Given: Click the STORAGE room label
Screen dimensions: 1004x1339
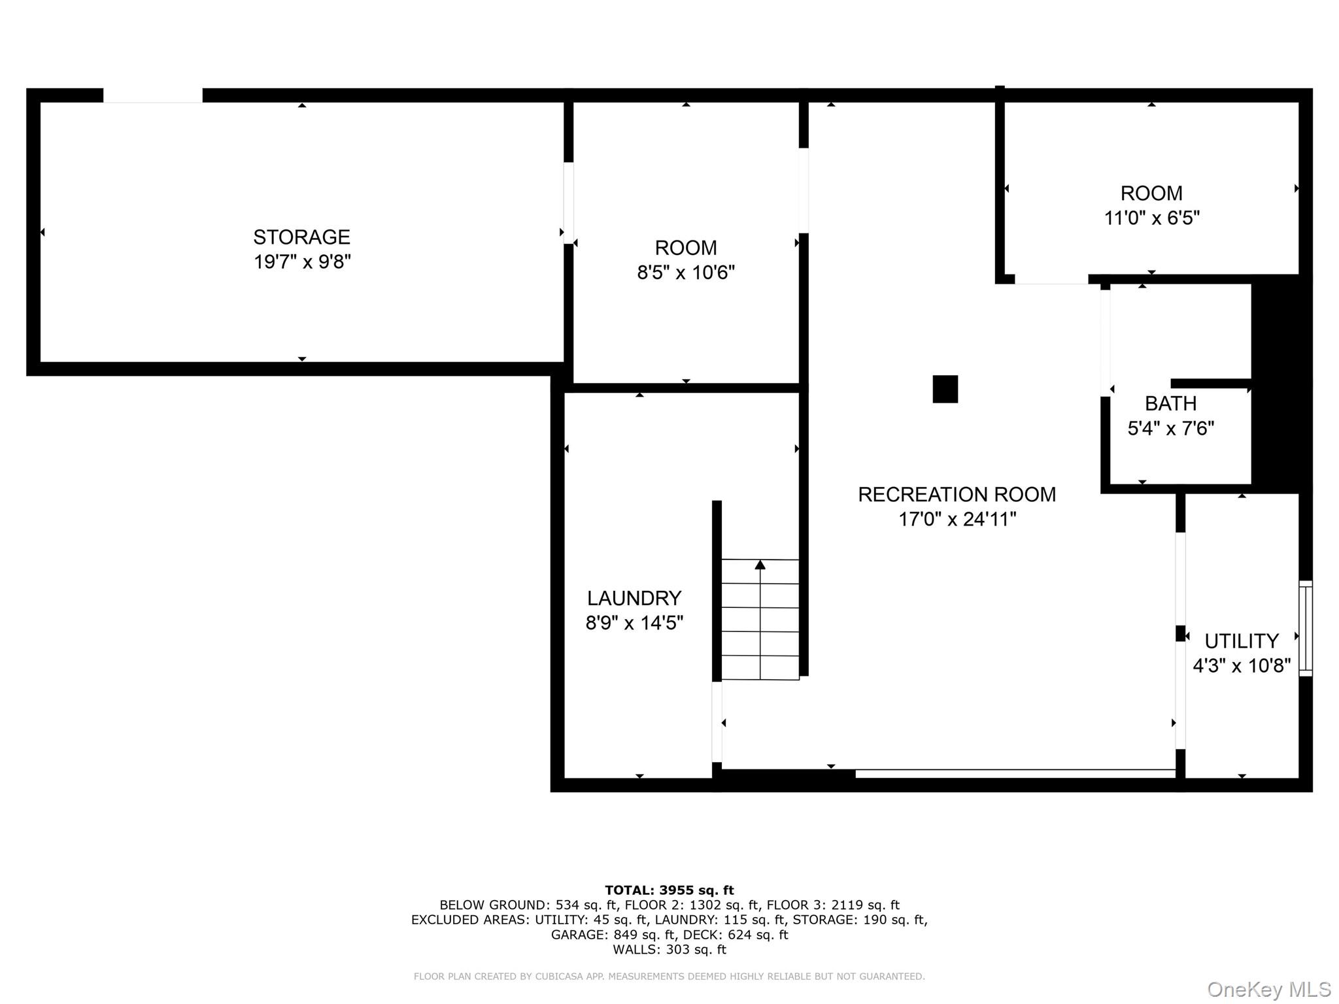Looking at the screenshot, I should click(x=301, y=237).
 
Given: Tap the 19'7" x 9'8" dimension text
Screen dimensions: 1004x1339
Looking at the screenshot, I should click(x=302, y=262).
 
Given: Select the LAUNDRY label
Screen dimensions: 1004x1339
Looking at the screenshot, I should click(x=634, y=598).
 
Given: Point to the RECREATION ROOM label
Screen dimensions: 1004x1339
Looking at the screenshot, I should click(x=957, y=495).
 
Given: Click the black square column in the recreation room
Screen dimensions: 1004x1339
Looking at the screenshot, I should click(x=945, y=389).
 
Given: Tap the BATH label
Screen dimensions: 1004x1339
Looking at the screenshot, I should click(x=1170, y=403).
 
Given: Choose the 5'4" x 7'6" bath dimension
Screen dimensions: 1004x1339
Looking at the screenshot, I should click(x=1170, y=429).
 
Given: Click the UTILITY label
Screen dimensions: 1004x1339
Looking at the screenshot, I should click(x=1241, y=641).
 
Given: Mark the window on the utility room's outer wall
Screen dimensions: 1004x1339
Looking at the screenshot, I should click(x=1305, y=627).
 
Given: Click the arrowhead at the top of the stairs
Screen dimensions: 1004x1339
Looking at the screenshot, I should click(x=760, y=565).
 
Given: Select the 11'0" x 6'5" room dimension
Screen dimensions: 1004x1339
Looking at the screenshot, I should click(x=1151, y=218).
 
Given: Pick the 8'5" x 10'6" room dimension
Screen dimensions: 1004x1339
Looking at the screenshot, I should click(x=686, y=273).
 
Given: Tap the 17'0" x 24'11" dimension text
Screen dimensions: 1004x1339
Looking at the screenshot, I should click(x=957, y=520).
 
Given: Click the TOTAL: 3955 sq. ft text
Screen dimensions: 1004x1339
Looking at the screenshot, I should click(x=669, y=890).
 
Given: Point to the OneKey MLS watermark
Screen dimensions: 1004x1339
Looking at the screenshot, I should click(x=1268, y=990).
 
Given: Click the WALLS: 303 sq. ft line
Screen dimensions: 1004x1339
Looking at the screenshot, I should click(x=669, y=950).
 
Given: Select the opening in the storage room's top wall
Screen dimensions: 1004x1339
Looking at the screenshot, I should click(x=152, y=95).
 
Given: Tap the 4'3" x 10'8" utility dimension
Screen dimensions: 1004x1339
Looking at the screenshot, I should click(x=1241, y=666).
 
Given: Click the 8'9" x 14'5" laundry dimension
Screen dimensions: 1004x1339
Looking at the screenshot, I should click(x=634, y=624).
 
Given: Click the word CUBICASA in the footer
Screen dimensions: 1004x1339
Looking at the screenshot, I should click(x=559, y=977).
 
